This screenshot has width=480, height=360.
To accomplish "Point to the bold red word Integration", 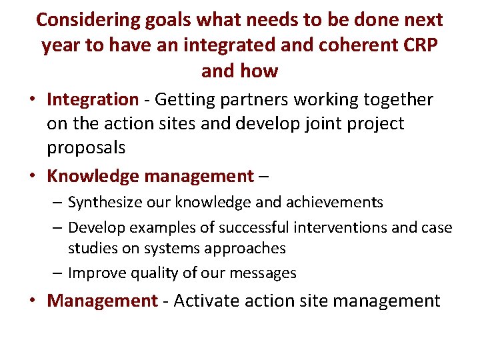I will [92, 100].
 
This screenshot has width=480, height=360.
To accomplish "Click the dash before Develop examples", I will [57, 227].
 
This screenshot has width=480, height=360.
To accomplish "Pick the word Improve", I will [95, 273].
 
